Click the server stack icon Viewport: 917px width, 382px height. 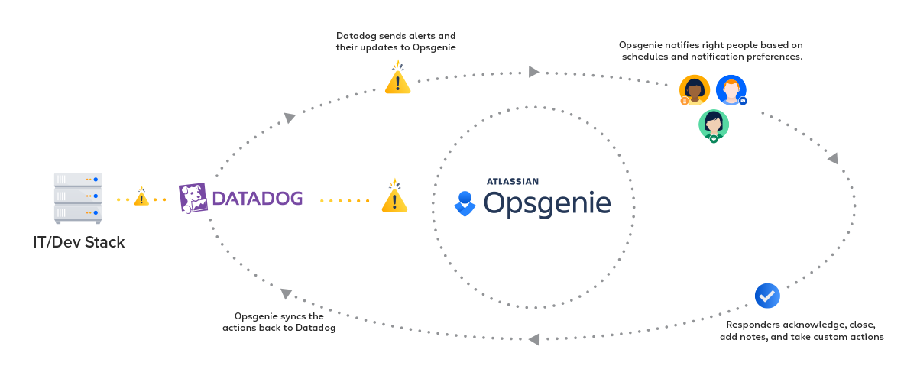pyautogui.click(x=78, y=198)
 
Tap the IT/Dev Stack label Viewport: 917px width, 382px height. pyautogui.click(x=79, y=242)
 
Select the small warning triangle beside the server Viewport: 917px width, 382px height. pyautogui.click(x=141, y=196)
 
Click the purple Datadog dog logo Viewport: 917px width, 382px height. pyautogui.click(x=193, y=198)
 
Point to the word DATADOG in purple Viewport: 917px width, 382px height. pyautogui.click(x=258, y=199)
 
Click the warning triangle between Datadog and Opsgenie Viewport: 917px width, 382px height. pyautogui.click(x=394, y=196)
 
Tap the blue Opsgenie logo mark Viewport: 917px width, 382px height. pyautogui.click(x=465, y=203)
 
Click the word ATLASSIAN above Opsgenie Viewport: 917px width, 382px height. pyautogui.click(x=513, y=181)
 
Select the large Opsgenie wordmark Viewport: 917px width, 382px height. pyautogui.click(x=547, y=203)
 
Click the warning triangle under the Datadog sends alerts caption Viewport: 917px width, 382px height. pyautogui.click(x=397, y=77)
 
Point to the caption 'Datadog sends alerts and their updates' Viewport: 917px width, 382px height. pyautogui.click(x=396, y=41)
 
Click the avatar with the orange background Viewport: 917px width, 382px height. pyautogui.click(x=694, y=90)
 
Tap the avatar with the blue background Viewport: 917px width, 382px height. pyautogui.click(x=731, y=90)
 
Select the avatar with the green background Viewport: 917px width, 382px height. pyautogui.click(x=714, y=126)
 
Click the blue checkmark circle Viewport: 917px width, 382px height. pyautogui.click(x=767, y=296)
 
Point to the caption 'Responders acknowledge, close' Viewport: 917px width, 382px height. pyautogui.click(x=802, y=330)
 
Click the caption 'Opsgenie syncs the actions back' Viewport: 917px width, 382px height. pyautogui.click(x=279, y=322)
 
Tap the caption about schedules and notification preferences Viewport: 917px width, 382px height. pyautogui.click(x=711, y=50)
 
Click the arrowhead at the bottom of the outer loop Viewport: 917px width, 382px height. pyautogui.click(x=534, y=339)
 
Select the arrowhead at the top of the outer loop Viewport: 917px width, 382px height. pyautogui.click(x=533, y=72)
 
